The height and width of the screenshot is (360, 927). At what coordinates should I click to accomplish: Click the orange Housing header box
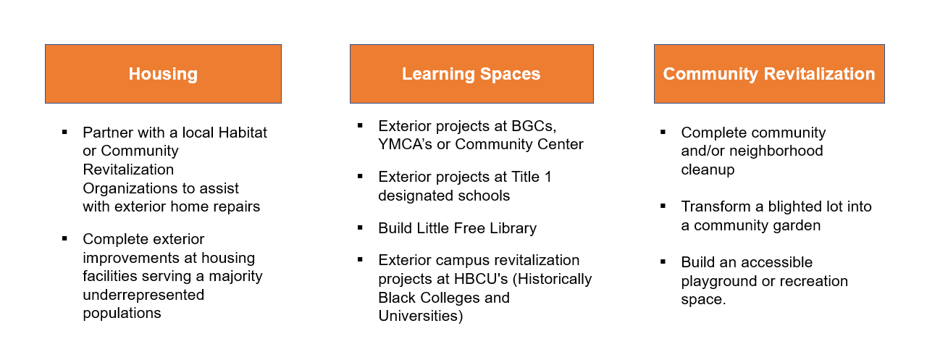point(163,74)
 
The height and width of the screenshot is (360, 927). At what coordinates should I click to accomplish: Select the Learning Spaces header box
point(471,74)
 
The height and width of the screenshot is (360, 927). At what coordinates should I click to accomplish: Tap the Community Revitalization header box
point(769,74)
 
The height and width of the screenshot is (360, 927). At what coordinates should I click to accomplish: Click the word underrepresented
point(143,295)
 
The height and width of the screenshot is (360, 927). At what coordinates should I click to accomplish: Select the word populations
point(122,313)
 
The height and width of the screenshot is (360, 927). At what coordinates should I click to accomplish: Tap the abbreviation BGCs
point(534,126)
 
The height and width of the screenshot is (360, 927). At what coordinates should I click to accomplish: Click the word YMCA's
point(405,144)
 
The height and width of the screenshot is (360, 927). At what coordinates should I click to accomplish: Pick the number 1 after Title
point(548,177)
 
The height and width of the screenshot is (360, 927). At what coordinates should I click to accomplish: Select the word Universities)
point(421,316)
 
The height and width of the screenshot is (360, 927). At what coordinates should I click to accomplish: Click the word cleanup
point(708,169)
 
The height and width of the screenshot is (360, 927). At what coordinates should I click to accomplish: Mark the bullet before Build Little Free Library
point(360,227)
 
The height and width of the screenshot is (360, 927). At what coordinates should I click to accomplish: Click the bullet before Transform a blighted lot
point(663,206)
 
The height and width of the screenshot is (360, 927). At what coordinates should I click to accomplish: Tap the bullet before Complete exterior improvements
point(64,238)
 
